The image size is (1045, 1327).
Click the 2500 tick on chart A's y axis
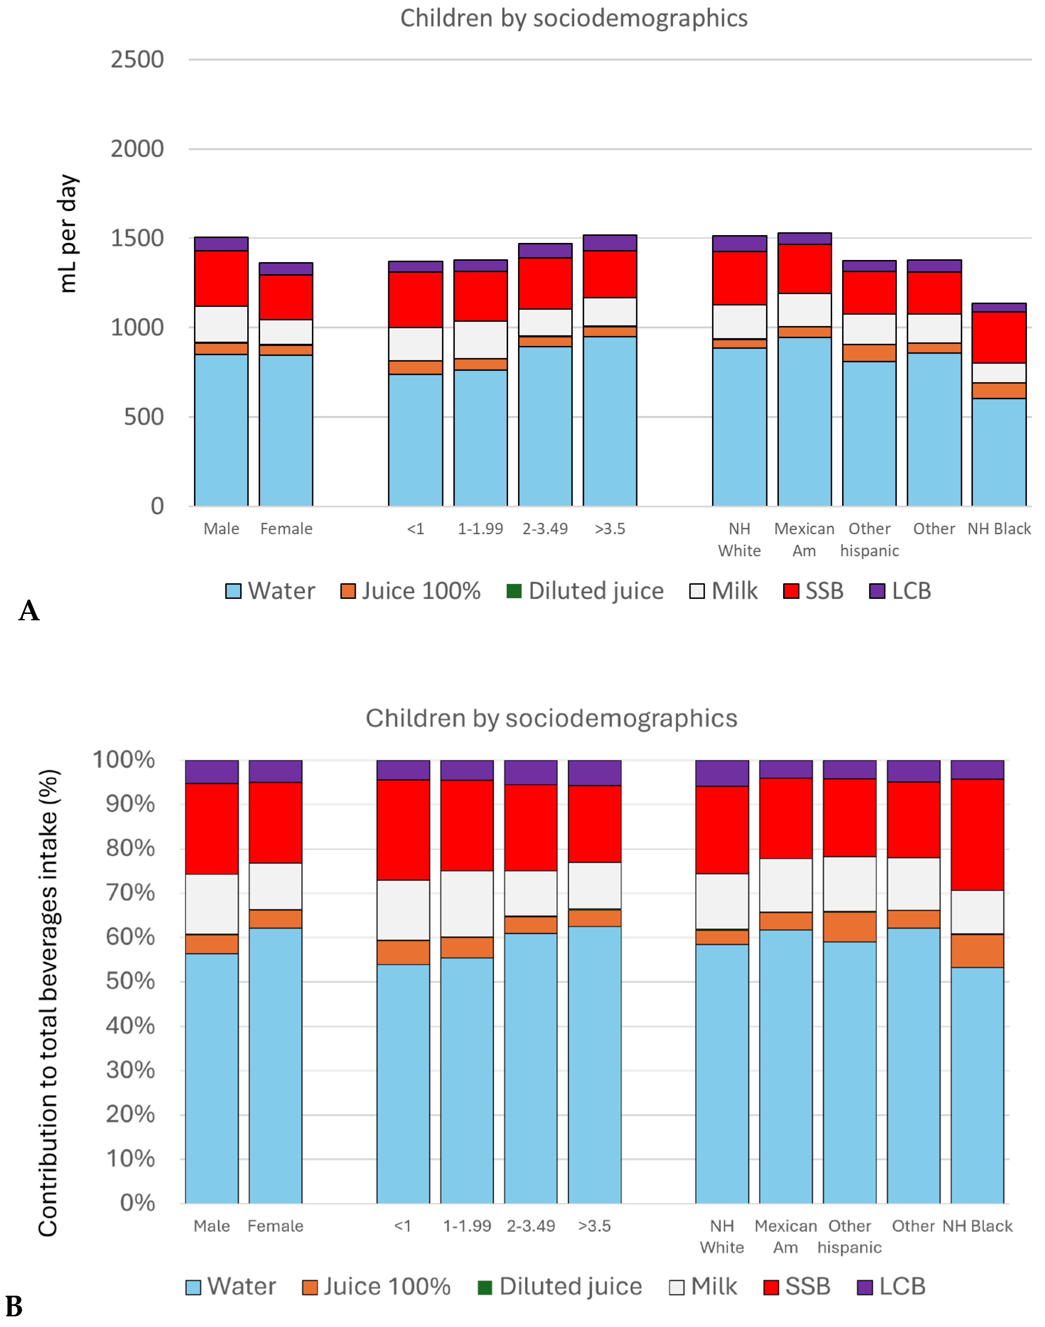pyautogui.click(x=137, y=60)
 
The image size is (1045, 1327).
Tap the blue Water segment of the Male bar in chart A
pyautogui.click(x=221, y=430)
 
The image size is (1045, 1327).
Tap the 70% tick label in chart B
pyautogui.click(x=130, y=892)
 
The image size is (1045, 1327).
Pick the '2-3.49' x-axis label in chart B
pyautogui.click(x=531, y=1226)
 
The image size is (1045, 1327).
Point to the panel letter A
pyautogui.click(x=29, y=610)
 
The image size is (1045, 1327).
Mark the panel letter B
pyautogui.click(x=14, y=1307)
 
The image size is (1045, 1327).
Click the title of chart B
pyautogui.click(x=551, y=718)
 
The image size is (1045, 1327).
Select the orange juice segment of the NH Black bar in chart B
pyautogui.click(x=977, y=950)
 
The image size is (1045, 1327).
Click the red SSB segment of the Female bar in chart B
pyautogui.click(x=275, y=823)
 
